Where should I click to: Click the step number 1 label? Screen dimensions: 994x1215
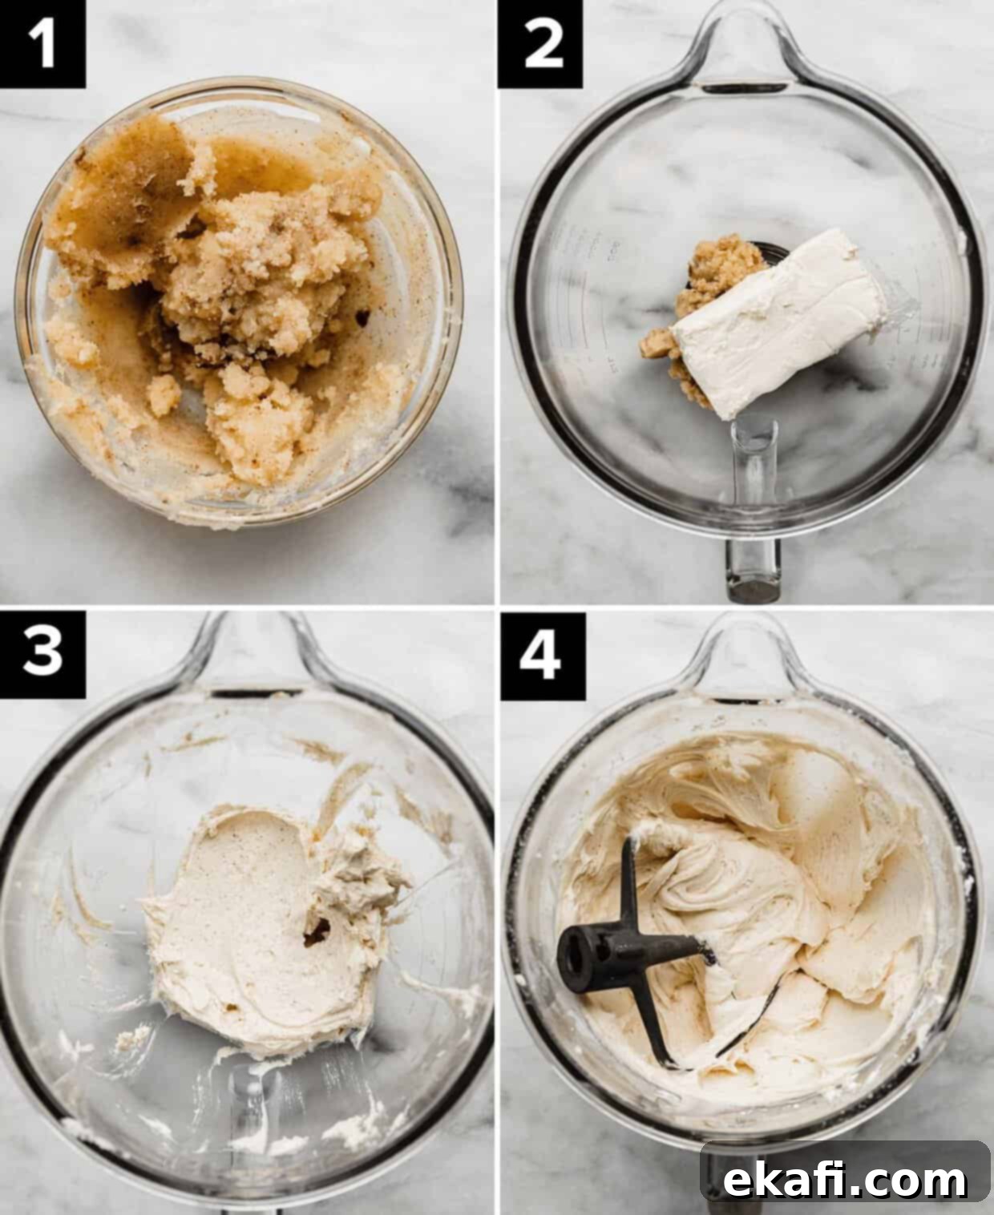tap(42, 43)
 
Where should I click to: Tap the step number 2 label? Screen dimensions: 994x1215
tap(540, 44)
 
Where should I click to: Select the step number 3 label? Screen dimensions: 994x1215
tap(42, 655)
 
